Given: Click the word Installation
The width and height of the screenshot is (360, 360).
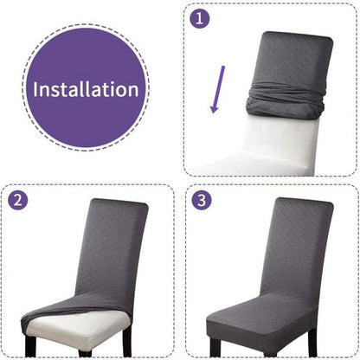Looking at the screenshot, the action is pyautogui.click(x=86, y=89).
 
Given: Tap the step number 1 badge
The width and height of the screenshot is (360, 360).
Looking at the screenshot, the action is pyautogui.click(x=200, y=18).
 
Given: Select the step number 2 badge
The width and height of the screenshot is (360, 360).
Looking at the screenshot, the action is pyautogui.click(x=18, y=200).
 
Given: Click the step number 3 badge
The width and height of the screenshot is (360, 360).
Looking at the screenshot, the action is pyautogui.click(x=202, y=200).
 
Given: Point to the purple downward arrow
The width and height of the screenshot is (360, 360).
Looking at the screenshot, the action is pyautogui.click(x=217, y=89).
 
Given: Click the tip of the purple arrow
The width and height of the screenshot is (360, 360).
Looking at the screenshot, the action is pyautogui.click(x=214, y=113).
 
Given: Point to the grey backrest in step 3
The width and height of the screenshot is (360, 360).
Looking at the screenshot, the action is pyautogui.click(x=297, y=248).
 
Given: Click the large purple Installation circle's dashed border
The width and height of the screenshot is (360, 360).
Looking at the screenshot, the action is pyautogui.click(x=86, y=24).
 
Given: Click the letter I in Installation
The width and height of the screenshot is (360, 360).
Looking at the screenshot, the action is pyautogui.click(x=35, y=89).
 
